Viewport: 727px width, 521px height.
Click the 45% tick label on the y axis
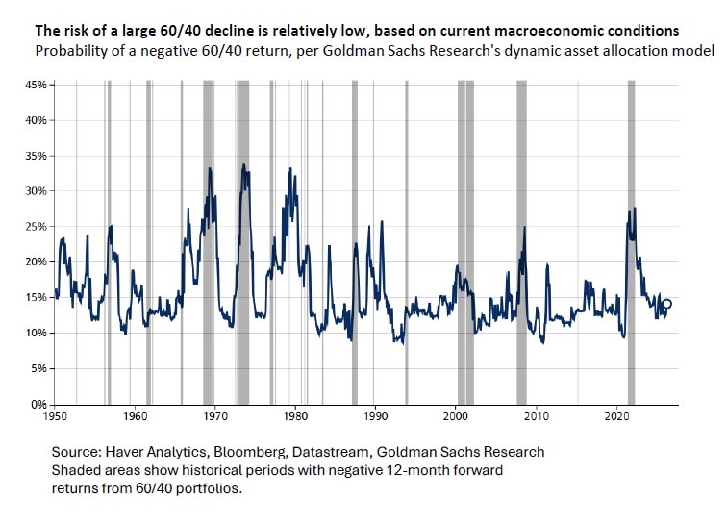click(x=38, y=85)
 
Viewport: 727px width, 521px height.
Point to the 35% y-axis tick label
click(x=38, y=156)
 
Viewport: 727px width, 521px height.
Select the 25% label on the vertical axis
click(x=38, y=227)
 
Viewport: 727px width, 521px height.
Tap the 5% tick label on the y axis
click(x=40, y=368)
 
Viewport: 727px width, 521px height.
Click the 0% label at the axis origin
click(x=40, y=404)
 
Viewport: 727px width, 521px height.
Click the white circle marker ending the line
click(x=667, y=304)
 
